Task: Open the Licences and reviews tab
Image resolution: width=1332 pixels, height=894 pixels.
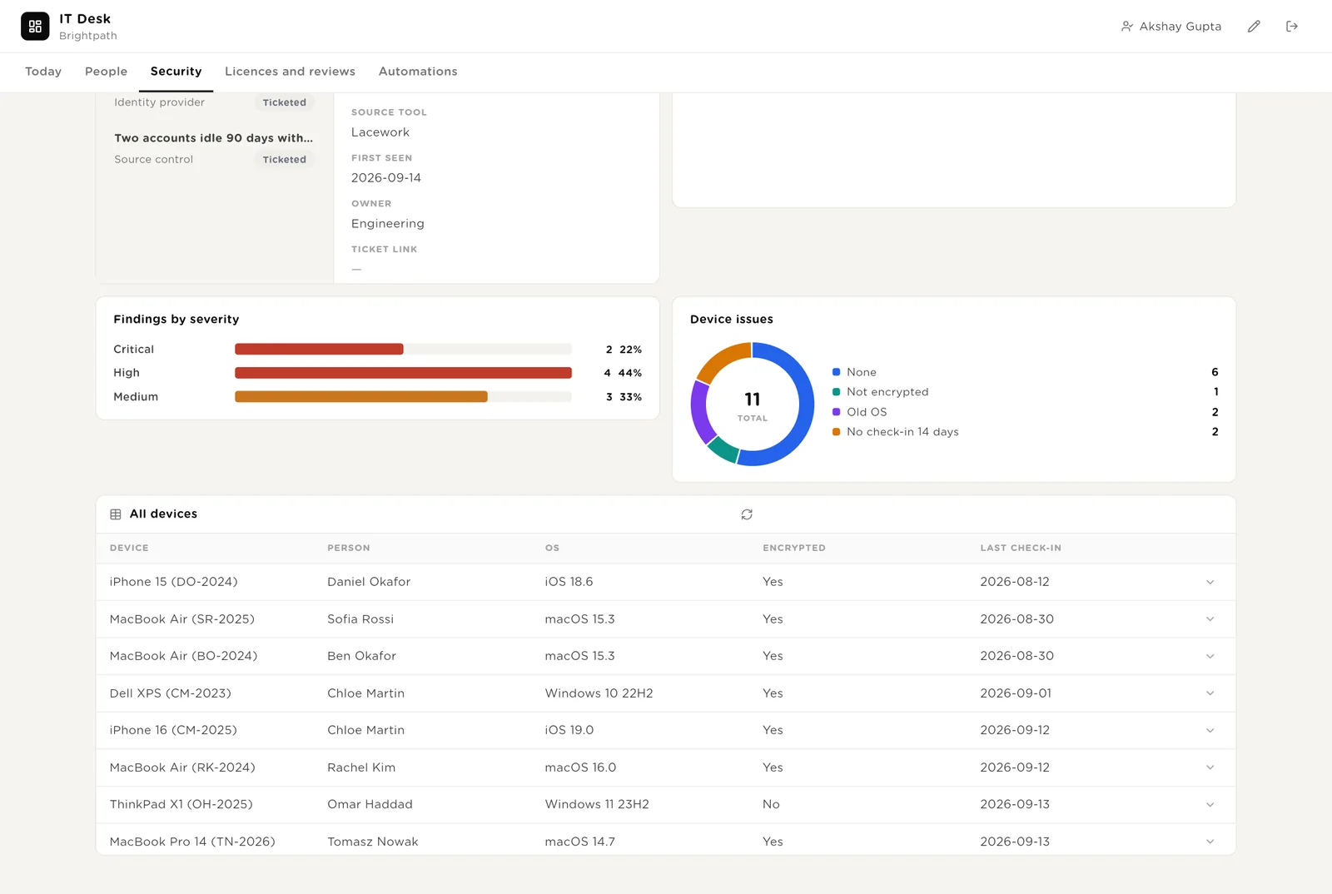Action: point(290,72)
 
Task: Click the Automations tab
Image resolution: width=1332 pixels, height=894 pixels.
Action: point(418,72)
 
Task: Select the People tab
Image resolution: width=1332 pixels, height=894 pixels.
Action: point(106,72)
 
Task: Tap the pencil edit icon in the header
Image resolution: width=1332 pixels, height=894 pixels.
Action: point(1254,26)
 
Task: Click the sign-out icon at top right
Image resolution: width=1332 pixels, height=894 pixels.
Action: point(1291,26)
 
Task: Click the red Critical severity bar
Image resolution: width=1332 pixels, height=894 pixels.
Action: point(319,349)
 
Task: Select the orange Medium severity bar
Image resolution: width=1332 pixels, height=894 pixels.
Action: point(361,396)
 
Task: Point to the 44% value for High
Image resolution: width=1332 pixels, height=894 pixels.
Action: point(629,373)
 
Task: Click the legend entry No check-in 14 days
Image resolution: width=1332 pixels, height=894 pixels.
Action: point(902,431)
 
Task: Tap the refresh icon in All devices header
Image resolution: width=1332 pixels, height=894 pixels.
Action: point(747,514)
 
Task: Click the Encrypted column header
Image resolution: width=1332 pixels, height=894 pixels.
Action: point(794,548)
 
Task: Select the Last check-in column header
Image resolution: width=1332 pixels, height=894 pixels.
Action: point(1021,548)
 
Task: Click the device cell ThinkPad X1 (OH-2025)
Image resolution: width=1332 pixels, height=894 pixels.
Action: point(181,804)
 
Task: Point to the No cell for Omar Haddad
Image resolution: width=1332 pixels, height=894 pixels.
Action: point(771,804)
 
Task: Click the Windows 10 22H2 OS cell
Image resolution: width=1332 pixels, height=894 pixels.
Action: point(599,693)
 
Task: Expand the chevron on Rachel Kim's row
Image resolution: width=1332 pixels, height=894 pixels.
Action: point(1210,767)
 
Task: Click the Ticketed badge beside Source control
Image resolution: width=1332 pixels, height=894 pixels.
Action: point(284,159)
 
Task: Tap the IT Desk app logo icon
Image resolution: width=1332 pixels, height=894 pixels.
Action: point(35,26)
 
